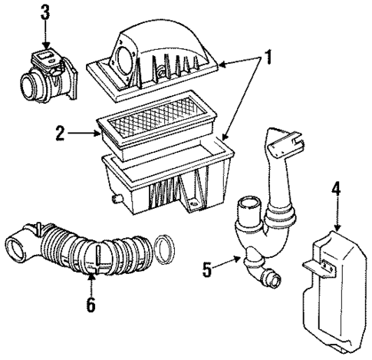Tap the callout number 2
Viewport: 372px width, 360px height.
[x=58, y=133]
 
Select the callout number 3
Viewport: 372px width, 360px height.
[x=46, y=12]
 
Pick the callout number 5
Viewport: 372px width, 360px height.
[x=207, y=270]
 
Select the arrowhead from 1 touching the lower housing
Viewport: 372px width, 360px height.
[x=225, y=139]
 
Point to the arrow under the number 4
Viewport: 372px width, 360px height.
[x=337, y=223]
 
